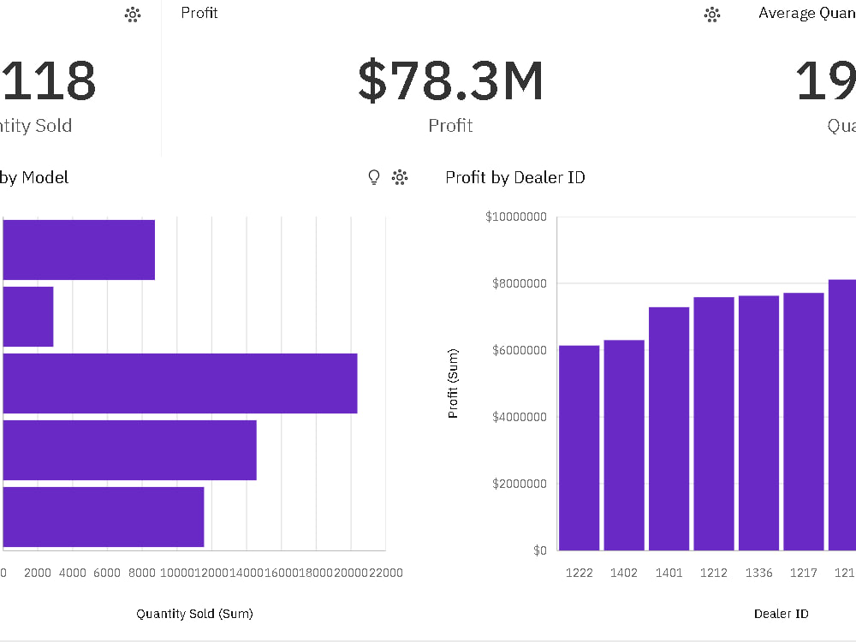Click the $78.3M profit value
click(x=450, y=81)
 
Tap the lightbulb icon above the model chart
click(x=373, y=177)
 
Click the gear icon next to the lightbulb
click(x=399, y=177)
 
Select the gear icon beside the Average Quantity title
click(x=711, y=14)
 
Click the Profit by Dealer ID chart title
click(x=515, y=177)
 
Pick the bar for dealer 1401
click(x=669, y=428)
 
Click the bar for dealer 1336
click(x=758, y=423)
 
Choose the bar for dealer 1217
click(x=803, y=421)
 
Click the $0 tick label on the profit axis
click(x=539, y=550)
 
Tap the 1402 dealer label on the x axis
click(x=624, y=573)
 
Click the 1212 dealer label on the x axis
click(x=714, y=573)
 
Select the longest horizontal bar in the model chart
click(x=180, y=383)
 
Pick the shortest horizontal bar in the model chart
click(x=28, y=317)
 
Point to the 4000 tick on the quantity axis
click(x=72, y=573)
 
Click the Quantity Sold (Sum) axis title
click(x=194, y=613)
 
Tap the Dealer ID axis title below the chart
click(x=781, y=613)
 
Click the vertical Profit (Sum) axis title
click(x=453, y=383)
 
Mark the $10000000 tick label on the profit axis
click(x=515, y=217)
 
